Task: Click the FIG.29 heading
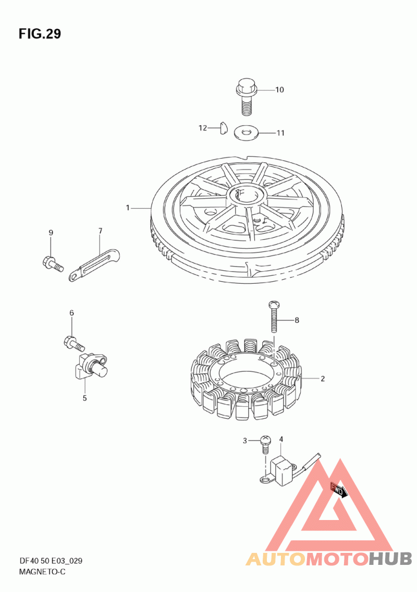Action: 40,34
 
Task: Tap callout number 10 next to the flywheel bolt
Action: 279,90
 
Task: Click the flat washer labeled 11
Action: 246,132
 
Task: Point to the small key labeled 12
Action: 224,128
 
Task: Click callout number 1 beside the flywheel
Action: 128,208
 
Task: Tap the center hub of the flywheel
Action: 248,195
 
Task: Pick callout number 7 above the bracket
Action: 100,231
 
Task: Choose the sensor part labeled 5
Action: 92,366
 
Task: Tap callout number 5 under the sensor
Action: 84,398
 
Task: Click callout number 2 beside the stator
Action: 323,378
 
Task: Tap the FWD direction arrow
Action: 337,491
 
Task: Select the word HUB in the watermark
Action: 390,559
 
